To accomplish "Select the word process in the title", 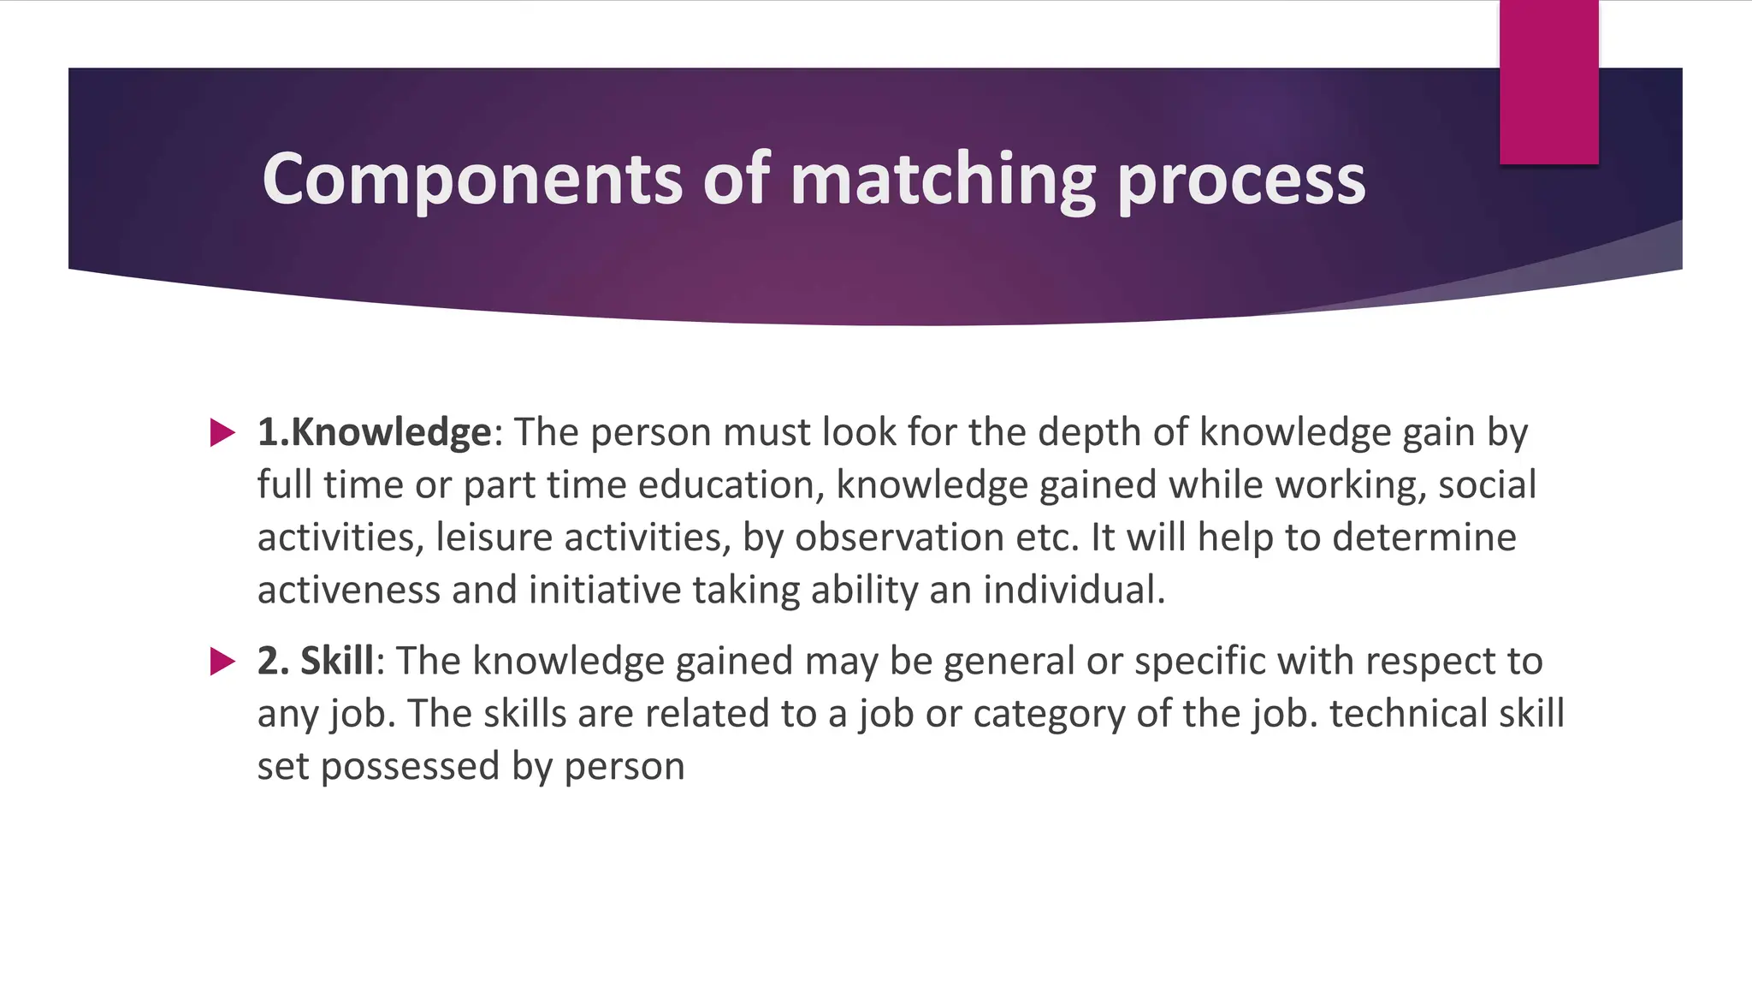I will [1241, 180].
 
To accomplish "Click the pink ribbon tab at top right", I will [1548, 82].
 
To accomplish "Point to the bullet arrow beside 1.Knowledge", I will [222, 432].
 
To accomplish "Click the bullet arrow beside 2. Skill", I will [222, 661].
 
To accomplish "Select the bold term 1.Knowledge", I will [375, 432].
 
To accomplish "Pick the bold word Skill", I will [336, 661].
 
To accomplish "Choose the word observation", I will [899, 538].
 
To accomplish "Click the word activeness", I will [348, 591].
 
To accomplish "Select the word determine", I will [1423, 538].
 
